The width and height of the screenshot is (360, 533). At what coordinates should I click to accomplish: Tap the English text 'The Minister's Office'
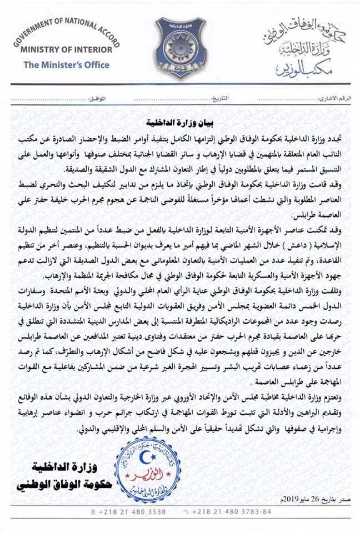[66, 65]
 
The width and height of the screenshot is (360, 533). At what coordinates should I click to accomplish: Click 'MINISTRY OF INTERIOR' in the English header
[66, 49]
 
